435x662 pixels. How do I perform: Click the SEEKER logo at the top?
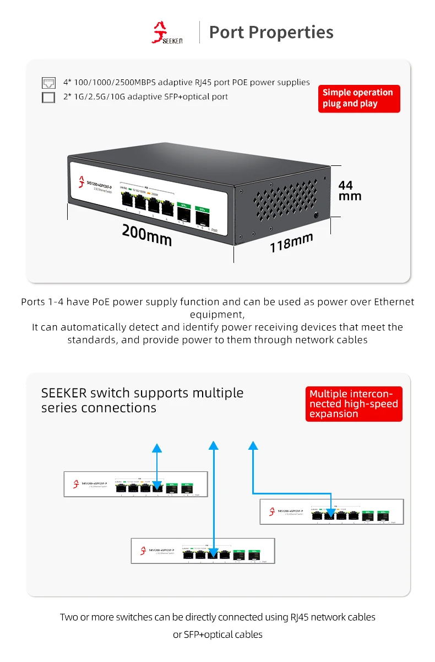[x=167, y=33]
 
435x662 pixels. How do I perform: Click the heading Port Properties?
[x=271, y=33]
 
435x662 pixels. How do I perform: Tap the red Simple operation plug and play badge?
[x=358, y=98]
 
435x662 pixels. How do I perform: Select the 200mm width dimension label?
[x=146, y=235]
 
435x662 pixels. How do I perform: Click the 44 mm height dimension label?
[x=350, y=190]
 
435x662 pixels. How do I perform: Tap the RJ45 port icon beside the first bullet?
[x=49, y=83]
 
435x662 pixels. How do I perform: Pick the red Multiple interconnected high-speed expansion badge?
[x=354, y=404]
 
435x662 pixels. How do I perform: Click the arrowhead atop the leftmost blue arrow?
[x=157, y=448]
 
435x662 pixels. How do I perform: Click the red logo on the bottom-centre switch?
[x=143, y=550]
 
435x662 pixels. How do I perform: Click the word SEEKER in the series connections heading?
[x=64, y=393]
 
